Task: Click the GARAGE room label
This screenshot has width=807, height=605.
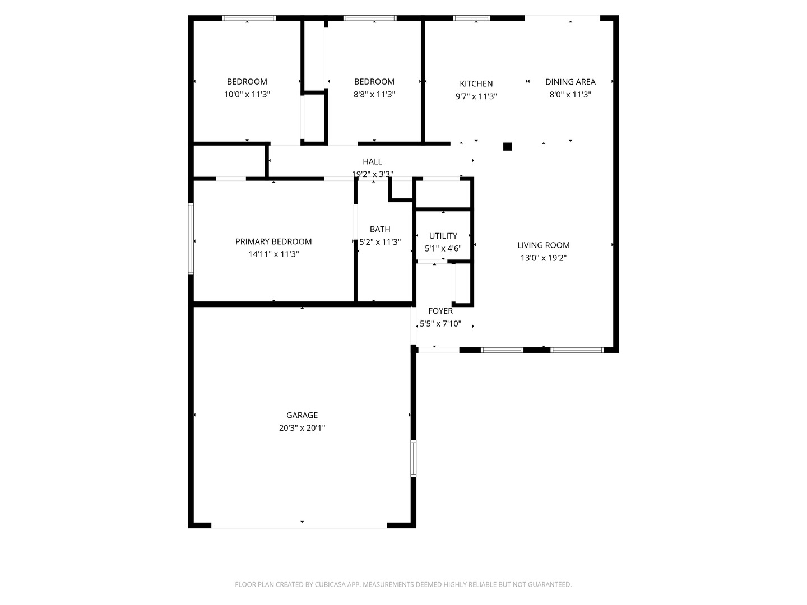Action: point(302,415)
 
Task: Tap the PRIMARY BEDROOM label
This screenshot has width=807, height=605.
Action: point(273,241)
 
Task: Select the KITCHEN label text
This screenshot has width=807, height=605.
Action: point(476,83)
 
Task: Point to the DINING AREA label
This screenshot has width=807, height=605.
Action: point(571,82)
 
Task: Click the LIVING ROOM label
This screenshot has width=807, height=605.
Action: point(544,245)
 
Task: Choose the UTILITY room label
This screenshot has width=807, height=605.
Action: point(443,235)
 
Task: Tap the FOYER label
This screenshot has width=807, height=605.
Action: point(440,311)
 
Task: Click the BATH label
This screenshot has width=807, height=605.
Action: point(380,229)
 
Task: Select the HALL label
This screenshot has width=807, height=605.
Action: point(372,161)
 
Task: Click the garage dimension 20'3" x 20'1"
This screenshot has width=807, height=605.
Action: point(302,427)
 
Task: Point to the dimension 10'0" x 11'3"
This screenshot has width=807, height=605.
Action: point(247,94)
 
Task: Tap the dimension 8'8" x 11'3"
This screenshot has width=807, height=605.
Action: point(374,94)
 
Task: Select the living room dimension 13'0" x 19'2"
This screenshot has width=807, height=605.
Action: point(544,258)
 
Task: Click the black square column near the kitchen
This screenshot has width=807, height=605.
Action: point(507,147)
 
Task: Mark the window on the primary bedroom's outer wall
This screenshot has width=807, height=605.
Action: point(191,239)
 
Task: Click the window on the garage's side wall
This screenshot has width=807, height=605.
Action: point(413,458)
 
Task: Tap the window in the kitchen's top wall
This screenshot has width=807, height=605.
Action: point(471,18)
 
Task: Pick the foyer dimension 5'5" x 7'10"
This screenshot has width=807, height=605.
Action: point(440,323)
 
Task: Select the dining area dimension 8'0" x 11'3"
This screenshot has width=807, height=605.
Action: point(571,95)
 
